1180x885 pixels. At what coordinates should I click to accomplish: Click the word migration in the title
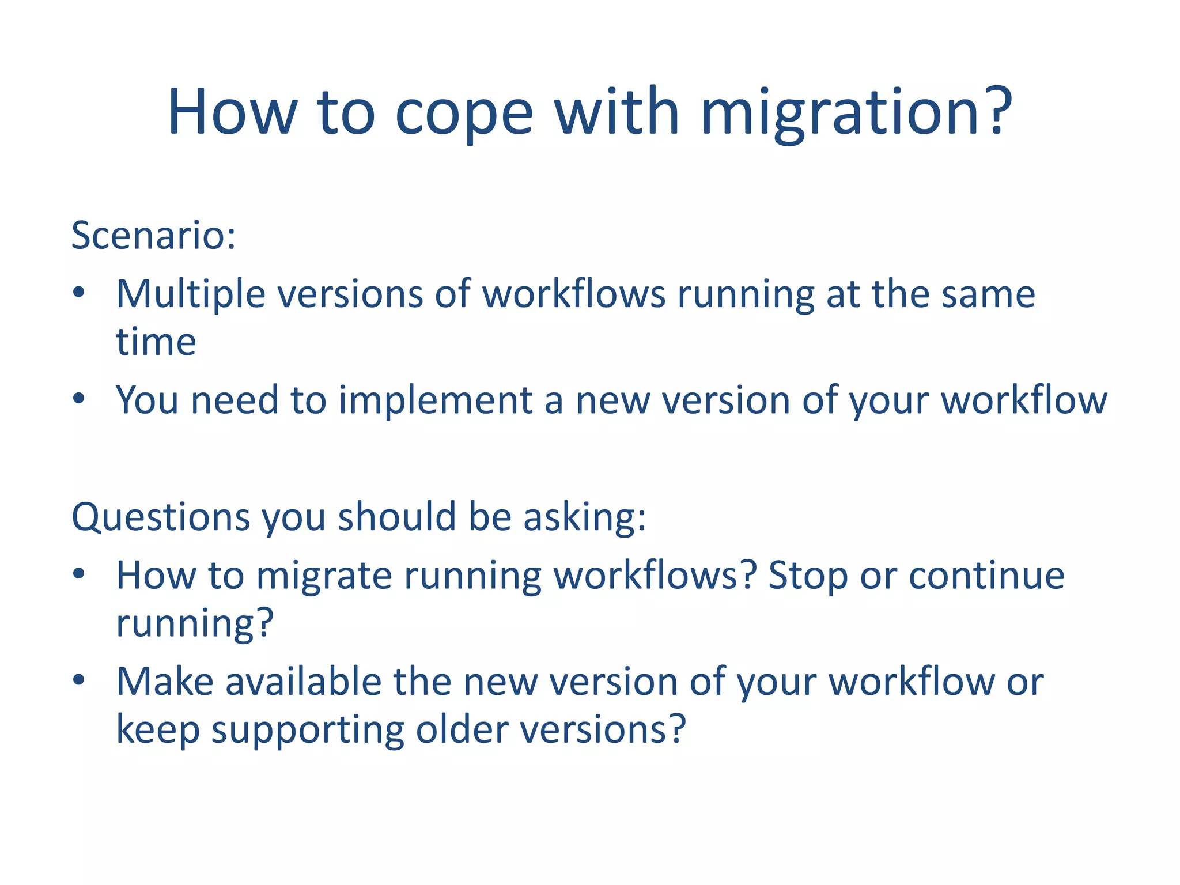(x=856, y=112)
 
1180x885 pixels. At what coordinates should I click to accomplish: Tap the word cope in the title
(x=464, y=112)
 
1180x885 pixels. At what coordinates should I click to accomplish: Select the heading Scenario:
(x=153, y=236)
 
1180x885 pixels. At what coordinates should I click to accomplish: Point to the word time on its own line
(x=156, y=342)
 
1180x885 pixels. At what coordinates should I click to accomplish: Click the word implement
(x=435, y=400)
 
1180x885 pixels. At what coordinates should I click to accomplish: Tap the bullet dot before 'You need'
(x=79, y=398)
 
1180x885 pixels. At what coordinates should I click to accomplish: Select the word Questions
(x=161, y=517)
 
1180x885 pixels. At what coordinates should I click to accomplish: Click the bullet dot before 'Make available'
(x=79, y=680)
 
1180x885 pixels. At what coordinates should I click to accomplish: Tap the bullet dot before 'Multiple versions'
(x=79, y=293)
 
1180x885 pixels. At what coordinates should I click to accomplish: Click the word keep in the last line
(x=158, y=729)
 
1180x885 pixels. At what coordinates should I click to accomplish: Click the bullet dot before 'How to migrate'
(x=79, y=573)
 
